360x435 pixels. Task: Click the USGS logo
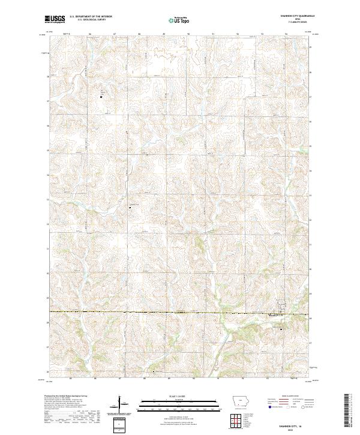coord(55,20)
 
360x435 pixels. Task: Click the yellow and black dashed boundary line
coord(150,313)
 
